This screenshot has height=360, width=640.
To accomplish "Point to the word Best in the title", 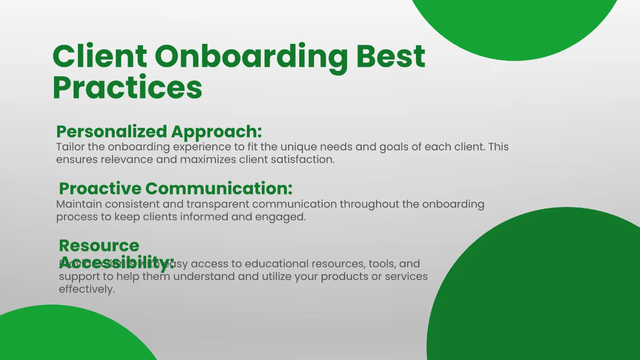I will point(390,57).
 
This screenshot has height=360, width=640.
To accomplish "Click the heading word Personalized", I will point(111,132).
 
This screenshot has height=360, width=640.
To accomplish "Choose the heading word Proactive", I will point(100,188).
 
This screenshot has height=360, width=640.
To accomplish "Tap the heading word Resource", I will point(99,245).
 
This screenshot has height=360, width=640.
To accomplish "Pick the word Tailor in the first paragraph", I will point(69,147).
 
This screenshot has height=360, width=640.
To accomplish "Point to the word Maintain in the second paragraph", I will point(77,204).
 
